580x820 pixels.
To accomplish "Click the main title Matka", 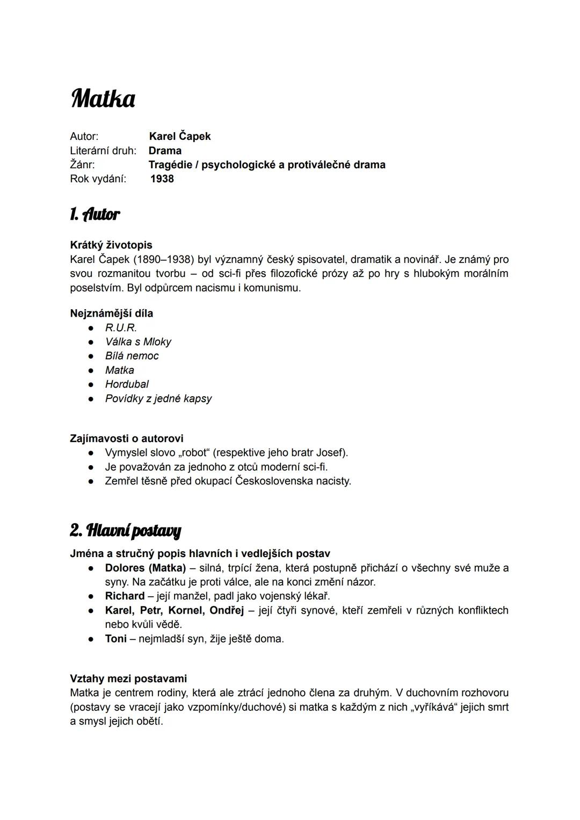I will (103, 99).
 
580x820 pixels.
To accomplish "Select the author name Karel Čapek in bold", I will (179, 136).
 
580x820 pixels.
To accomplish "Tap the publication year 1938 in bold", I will (162, 179).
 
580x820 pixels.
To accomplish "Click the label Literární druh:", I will (103, 151).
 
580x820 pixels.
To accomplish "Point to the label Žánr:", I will (82, 165).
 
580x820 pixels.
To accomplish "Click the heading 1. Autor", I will (95, 215).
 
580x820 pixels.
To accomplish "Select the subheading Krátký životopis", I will (111, 245).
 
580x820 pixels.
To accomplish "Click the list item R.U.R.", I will (121, 327).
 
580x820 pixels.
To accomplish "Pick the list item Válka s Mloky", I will (138, 341).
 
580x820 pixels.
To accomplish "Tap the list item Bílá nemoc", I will (132, 355).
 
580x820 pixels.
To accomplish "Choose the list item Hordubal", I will (127, 384).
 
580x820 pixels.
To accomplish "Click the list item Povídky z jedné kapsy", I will (158, 398).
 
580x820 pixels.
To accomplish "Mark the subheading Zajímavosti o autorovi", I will (126, 438).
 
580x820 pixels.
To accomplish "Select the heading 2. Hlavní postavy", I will (126, 531).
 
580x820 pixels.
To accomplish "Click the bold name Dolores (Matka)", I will (145, 568).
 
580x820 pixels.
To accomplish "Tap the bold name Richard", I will (125, 596).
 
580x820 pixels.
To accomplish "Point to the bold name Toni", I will (115, 638).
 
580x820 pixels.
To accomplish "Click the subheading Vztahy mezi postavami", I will (128, 679).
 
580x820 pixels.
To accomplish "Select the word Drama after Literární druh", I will (165, 151).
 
